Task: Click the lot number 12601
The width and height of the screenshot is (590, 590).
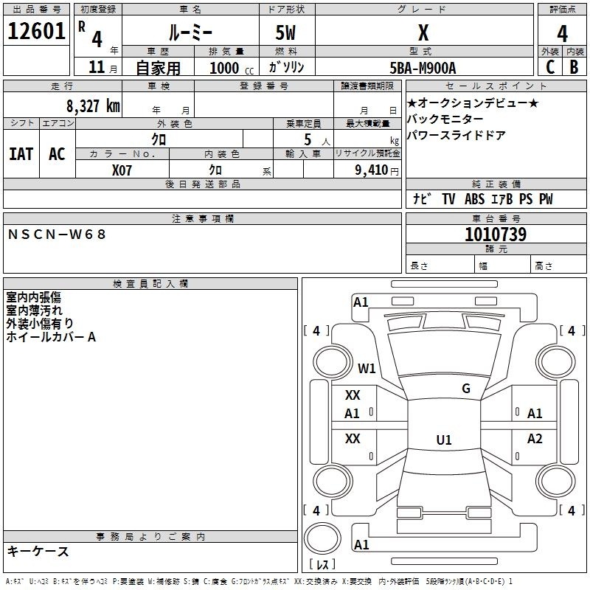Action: pos(36,31)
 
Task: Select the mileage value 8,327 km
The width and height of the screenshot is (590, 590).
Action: pos(94,106)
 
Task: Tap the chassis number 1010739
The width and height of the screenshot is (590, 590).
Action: pos(496,234)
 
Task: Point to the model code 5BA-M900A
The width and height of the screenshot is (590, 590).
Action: pos(423,68)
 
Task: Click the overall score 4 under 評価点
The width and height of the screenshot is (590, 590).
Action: pos(562,34)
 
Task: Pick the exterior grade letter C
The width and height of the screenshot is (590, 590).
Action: pos(550,67)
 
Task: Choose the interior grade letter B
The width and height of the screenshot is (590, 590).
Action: pos(574,67)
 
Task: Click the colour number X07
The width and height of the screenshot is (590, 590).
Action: pos(122,170)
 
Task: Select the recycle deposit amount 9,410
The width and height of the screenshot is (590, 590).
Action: pos(372,170)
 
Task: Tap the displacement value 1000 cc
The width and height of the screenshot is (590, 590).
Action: pos(232,68)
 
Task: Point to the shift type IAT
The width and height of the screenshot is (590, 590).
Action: pos(21,154)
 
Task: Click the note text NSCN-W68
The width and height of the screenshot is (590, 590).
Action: pos(57,235)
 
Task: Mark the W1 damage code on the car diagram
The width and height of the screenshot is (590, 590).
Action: pos(367,368)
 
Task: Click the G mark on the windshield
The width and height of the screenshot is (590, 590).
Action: pos(466,389)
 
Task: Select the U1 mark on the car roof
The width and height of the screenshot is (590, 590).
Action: pos(444,440)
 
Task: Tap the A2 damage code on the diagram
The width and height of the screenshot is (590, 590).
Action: pos(535,438)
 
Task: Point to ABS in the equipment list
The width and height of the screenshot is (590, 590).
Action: pos(474,198)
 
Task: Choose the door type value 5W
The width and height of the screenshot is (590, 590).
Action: pos(285,32)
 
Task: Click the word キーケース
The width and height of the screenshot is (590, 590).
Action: pos(38,552)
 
